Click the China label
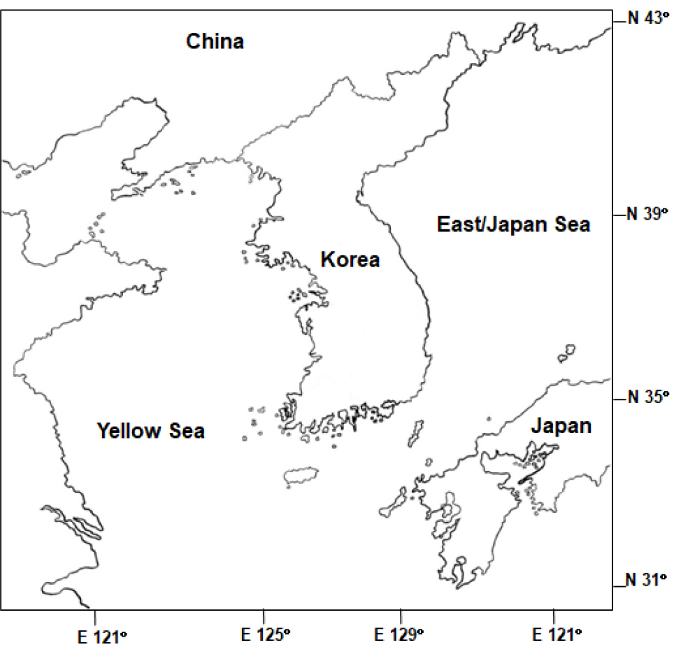point(215,42)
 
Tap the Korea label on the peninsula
point(350,260)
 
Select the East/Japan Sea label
point(513,225)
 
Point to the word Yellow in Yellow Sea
point(127,430)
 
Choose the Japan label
point(561,425)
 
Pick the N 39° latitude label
point(647,214)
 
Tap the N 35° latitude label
point(647,397)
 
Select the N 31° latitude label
point(647,579)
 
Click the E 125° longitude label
point(265,635)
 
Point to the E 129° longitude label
point(400,635)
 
